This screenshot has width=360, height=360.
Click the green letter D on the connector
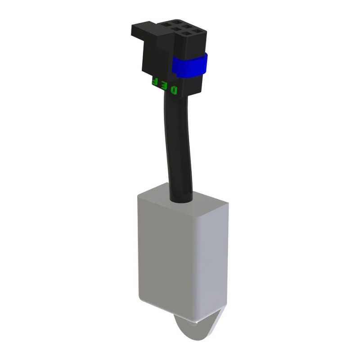click(174, 90)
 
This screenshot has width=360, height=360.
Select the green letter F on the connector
click(155, 81)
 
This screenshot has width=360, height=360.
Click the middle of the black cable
click(178, 142)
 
